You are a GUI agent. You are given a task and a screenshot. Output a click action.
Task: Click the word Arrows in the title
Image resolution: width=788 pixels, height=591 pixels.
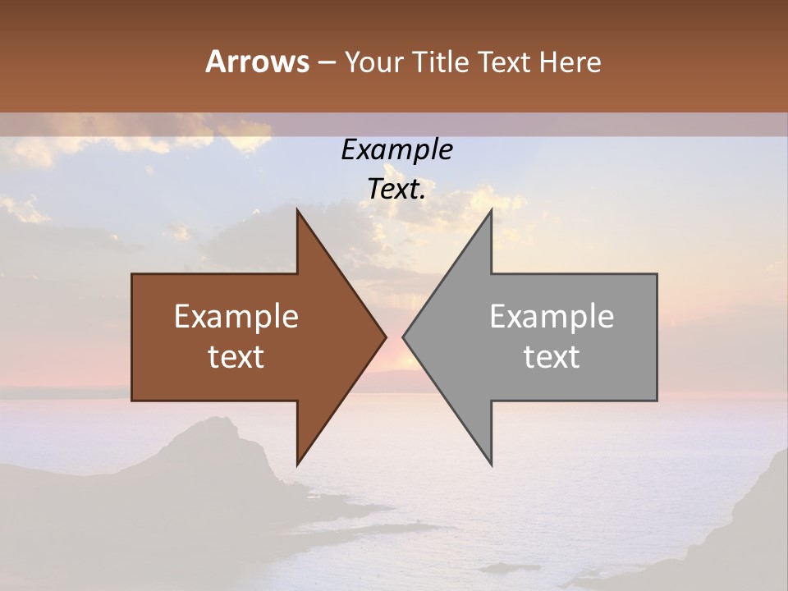click(257, 62)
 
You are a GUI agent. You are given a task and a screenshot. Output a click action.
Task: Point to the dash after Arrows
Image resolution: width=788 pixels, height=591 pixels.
click(326, 63)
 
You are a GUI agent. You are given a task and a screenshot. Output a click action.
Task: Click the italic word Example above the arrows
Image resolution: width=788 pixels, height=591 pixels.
click(396, 150)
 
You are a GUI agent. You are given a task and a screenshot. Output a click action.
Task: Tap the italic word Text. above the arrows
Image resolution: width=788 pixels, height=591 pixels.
click(396, 190)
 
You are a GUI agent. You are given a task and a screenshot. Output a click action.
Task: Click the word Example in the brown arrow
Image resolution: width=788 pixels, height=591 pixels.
click(236, 317)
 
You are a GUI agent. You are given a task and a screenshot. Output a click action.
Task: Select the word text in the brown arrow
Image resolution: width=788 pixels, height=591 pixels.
click(236, 357)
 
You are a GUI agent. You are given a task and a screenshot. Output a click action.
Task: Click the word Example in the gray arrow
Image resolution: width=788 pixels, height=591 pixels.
click(552, 317)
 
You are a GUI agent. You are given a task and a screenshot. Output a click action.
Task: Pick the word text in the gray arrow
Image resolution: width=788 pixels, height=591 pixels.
click(552, 357)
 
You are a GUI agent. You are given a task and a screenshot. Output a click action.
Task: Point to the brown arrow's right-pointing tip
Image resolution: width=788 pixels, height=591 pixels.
click(384, 337)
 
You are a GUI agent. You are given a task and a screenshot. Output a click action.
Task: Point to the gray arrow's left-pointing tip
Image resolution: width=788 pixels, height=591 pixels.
click(405, 337)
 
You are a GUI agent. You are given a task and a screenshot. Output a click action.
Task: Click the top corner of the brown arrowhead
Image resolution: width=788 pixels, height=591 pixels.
click(298, 211)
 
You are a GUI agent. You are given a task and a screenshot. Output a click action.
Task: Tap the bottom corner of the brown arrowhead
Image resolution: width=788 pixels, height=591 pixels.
click(298, 463)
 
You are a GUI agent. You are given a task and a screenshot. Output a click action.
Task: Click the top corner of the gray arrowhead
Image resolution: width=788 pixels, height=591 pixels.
click(491, 211)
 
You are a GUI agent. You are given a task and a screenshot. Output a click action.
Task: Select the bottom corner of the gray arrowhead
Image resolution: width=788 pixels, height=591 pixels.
click(491, 463)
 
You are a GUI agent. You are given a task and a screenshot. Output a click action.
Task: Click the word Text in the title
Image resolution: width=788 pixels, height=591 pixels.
click(505, 62)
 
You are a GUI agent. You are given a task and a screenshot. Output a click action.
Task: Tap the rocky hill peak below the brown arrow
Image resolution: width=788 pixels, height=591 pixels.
click(218, 421)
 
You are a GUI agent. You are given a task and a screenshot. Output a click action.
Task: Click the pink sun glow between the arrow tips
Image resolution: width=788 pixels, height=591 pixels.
click(395, 361)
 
